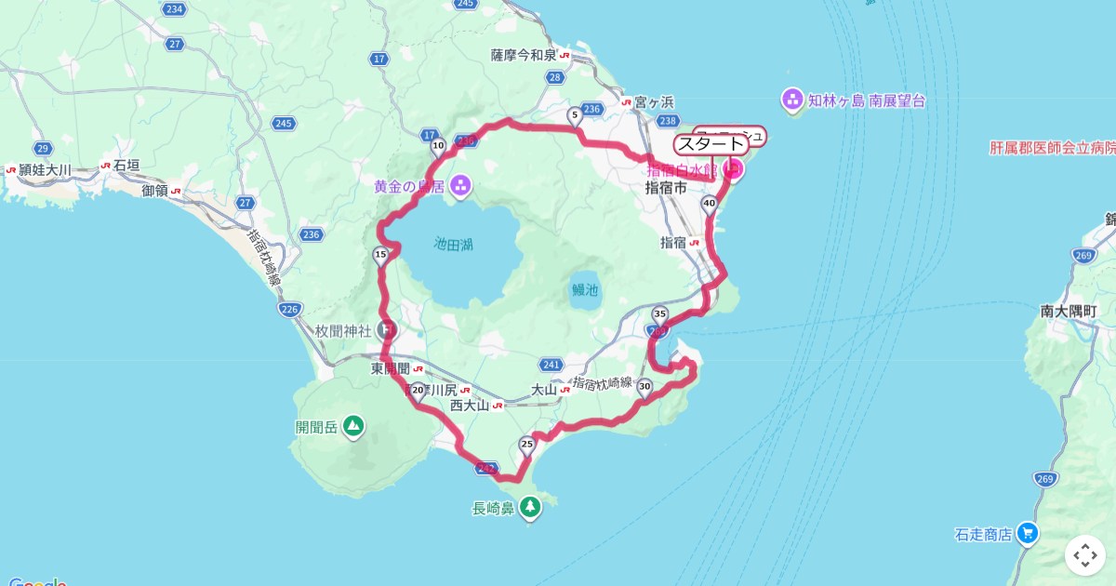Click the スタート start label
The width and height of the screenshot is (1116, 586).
711,144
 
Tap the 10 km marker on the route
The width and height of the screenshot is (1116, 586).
438,145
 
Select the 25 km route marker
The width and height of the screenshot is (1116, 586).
527,444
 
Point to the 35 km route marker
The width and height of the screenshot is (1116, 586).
660,313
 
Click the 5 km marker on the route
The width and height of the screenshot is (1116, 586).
574,115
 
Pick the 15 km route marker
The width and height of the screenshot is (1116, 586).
379,254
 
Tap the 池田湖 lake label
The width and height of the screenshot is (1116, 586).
454,245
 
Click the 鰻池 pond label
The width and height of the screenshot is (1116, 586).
585,289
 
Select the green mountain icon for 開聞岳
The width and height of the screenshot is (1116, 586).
352,426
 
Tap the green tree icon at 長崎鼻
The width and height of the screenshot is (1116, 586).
530,506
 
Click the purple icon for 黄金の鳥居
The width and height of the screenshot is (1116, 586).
459,186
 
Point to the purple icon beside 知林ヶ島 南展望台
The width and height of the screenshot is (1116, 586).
791,99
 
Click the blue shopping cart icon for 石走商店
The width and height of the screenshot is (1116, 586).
1027,533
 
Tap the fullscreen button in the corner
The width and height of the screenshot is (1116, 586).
1084,555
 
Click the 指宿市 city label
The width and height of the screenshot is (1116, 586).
666,187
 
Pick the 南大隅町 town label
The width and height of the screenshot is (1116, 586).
1069,312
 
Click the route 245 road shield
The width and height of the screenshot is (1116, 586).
284,124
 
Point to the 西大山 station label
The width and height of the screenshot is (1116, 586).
470,406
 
